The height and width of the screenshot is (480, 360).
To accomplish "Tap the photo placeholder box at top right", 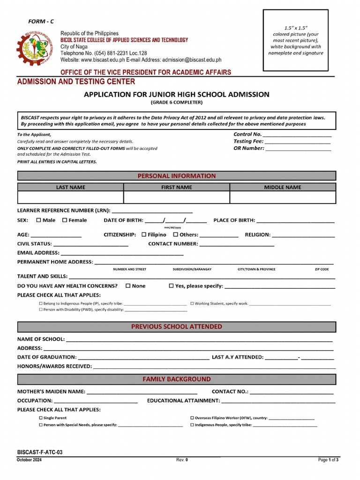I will coord(295,40).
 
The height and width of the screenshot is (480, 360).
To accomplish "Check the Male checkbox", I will coord(39,220).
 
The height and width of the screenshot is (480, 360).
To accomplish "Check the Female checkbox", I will coord(65,220).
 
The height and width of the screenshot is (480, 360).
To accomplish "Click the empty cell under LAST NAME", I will coord(70,197).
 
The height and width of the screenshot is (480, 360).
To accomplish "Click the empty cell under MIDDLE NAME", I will coord(283,197).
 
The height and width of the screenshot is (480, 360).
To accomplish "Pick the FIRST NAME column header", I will coord(176,187).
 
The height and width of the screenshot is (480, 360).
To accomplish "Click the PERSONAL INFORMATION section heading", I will coord(176,176).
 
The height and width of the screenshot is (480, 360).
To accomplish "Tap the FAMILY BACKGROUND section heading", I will coord(176,379).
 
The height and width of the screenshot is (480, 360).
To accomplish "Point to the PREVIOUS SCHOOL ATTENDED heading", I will coord(176,326).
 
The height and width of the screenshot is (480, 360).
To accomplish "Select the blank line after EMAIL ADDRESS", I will coord(122,253).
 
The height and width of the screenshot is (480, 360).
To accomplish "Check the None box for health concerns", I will coord(128,285).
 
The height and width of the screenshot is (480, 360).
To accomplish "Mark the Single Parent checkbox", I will coord(40,418).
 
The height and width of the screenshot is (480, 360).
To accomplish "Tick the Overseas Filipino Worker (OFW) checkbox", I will coord(192,418).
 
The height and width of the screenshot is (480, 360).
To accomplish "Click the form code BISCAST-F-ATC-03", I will coord(40,452).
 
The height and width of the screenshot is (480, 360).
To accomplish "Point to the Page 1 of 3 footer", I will coord(328,460).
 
